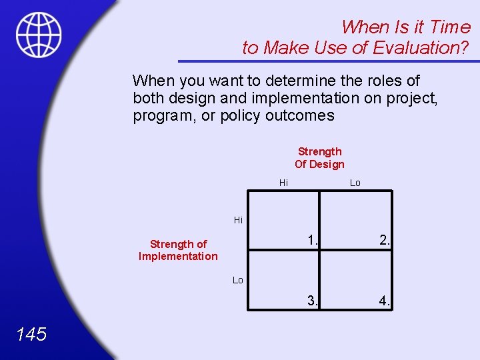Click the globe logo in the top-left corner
(x=39, y=35)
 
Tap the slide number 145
(x=31, y=334)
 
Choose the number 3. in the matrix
(x=313, y=301)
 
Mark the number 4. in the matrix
(x=385, y=301)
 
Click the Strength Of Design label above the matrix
(x=319, y=158)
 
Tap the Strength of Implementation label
(x=178, y=250)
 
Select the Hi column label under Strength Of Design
(x=283, y=183)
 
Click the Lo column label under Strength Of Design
(x=355, y=183)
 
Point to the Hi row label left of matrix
(x=238, y=219)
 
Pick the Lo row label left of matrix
(x=238, y=280)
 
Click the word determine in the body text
(x=303, y=81)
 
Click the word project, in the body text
(x=411, y=99)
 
